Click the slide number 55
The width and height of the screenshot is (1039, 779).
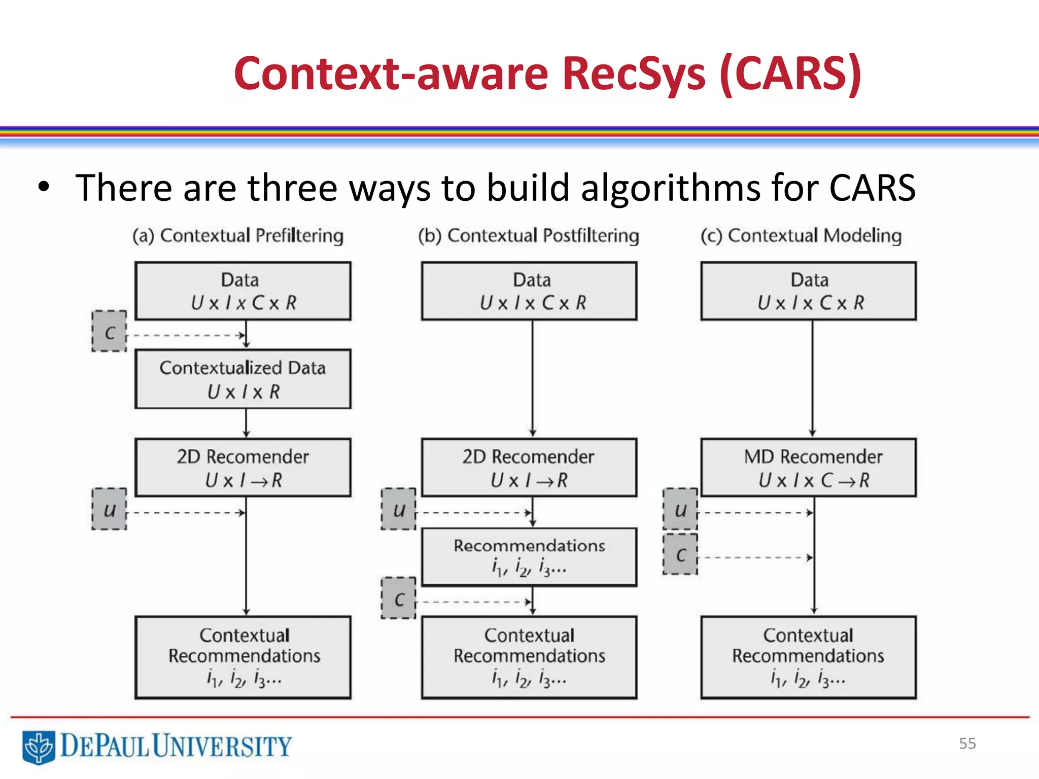click(x=967, y=743)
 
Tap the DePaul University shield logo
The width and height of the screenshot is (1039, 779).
click(x=39, y=747)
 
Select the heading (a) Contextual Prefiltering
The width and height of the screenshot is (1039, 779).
click(x=238, y=236)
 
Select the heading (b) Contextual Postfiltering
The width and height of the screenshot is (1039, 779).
click(x=528, y=236)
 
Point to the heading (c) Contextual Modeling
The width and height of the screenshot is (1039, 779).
click(x=801, y=236)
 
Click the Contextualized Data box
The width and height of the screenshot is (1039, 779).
click(x=243, y=379)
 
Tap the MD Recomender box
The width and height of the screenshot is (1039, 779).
click(x=808, y=467)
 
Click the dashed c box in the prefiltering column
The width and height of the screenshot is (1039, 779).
click(x=110, y=332)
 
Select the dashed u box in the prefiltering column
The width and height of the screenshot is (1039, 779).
click(x=110, y=509)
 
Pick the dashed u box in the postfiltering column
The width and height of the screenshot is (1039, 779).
click(x=399, y=509)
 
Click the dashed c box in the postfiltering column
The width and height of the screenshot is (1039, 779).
click(x=399, y=598)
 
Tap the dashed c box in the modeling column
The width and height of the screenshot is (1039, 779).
click(x=680, y=554)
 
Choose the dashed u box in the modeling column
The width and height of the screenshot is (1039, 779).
click(x=680, y=509)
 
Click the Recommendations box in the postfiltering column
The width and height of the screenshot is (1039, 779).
click(x=529, y=557)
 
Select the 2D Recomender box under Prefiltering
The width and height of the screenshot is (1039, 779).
click(x=243, y=467)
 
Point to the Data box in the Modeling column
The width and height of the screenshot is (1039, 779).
click(x=808, y=291)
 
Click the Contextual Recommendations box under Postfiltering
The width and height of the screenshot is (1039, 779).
click(x=529, y=657)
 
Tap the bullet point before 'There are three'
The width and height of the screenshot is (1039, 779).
click(x=44, y=187)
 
